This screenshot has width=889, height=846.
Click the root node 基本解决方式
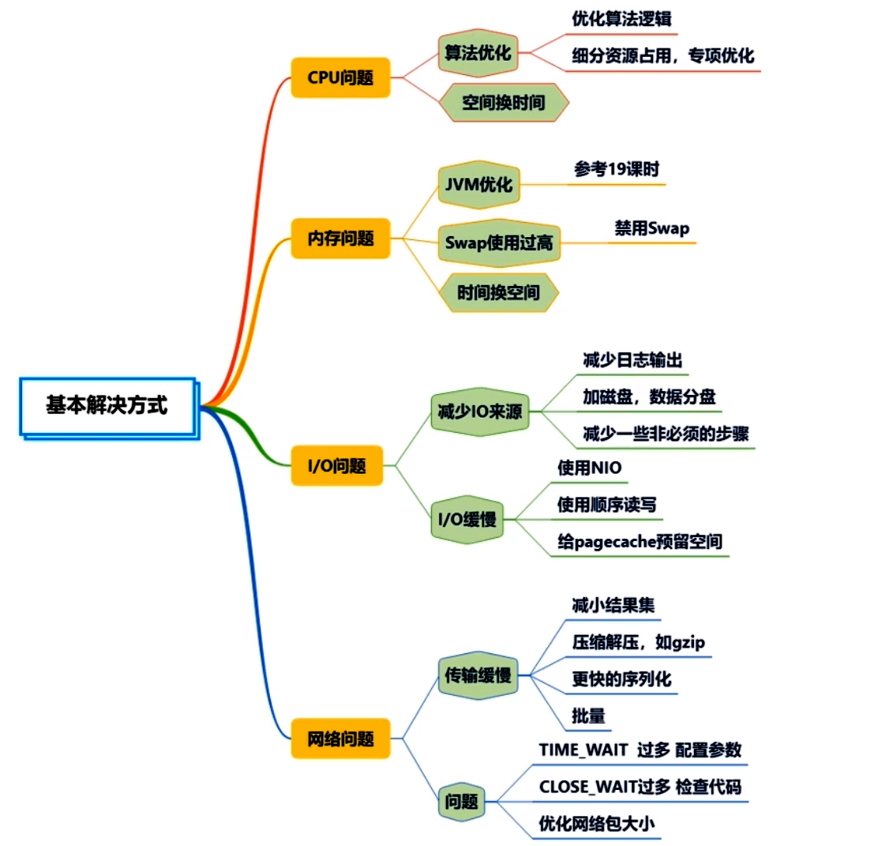(x=107, y=406)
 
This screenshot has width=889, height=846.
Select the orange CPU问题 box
(x=340, y=77)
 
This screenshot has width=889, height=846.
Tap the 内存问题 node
(x=340, y=239)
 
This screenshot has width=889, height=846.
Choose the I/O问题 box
(x=337, y=466)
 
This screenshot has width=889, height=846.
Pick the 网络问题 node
(x=340, y=739)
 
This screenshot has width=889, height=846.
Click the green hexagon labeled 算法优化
(x=478, y=53)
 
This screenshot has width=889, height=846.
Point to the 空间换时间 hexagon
(x=504, y=103)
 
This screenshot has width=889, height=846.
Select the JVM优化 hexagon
(x=478, y=185)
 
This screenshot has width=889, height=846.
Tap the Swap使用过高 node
(x=499, y=243)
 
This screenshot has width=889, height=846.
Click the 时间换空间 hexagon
(x=499, y=293)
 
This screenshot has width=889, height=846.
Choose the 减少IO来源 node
(x=480, y=411)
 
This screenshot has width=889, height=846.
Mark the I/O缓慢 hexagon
(x=467, y=519)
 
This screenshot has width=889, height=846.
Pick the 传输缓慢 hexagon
(x=478, y=675)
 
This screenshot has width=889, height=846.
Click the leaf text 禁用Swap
(x=652, y=228)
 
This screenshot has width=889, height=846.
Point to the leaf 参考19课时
(x=617, y=169)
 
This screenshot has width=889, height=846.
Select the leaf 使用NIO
(x=590, y=468)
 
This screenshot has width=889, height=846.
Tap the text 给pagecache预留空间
(x=640, y=542)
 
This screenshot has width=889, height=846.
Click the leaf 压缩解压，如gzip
(x=639, y=642)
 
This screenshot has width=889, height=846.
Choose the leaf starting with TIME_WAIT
(x=640, y=750)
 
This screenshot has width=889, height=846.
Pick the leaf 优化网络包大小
(x=597, y=824)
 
